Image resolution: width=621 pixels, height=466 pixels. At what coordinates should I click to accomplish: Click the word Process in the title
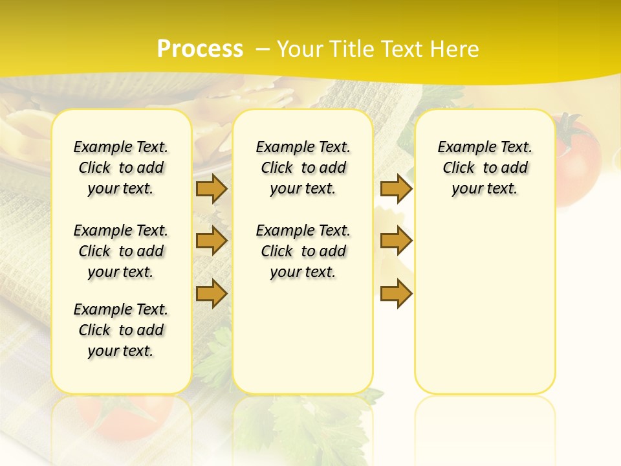pyautogui.click(x=200, y=49)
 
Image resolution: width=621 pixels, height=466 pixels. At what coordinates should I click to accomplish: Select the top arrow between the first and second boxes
pyautogui.click(x=212, y=188)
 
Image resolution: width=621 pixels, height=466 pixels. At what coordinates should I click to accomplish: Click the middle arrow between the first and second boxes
pyautogui.click(x=212, y=241)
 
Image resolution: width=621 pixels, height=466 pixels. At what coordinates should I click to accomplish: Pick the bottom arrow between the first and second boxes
pyautogui.click(x=212, y=293)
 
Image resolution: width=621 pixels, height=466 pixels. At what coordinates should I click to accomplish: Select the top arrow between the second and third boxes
pyautogui.click(x=396, y=188)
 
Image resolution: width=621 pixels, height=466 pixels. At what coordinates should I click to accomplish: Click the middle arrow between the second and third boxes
pyautogui.click(x=396, y=241)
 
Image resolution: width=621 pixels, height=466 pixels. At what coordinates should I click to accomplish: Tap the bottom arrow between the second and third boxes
pyautogui.click(x=396, y=293)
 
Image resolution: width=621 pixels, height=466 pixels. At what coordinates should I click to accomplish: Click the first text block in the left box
pyautogui.click(x=121, y=168)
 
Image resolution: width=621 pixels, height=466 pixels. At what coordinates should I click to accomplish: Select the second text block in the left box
pyautogui.click(x=121, y=251)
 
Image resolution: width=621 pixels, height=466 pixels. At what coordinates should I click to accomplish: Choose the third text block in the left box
pyautogui.click(x=121, y=330)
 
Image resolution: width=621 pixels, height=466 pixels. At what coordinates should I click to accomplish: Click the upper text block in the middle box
pyautogui.click(x=303, y=168)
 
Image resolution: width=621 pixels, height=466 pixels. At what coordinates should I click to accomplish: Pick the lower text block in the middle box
pyautogui.click(x=303, y=251)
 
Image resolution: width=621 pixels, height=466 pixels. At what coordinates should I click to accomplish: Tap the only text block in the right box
pyautogui.click(x=485, y=168)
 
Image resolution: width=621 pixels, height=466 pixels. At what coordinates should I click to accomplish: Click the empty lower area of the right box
pyautogui.click(x=485, y=311)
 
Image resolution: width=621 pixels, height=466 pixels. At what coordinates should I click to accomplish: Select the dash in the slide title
pyautogui.click(x=263, y=49)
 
